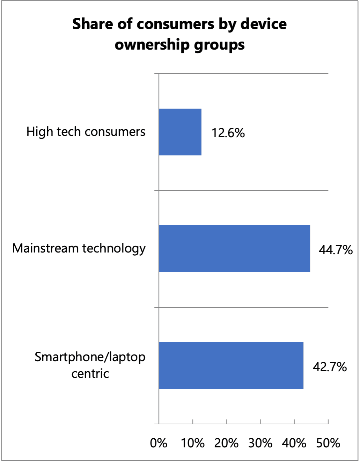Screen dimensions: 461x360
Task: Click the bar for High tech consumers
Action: coord(180,132)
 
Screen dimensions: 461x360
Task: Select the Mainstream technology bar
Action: coord(234,249)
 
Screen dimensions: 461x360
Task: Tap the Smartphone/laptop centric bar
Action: coord(231,365)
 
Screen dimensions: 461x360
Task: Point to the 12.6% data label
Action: coord(228,133)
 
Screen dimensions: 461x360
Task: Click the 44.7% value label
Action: coord(336,250)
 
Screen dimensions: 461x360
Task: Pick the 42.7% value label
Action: coord(330,367)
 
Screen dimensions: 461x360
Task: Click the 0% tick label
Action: coord(159,443)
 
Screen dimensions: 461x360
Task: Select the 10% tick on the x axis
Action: coord(192,443)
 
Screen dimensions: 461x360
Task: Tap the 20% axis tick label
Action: coord(226,443)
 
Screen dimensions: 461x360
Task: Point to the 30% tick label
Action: coord(260,443)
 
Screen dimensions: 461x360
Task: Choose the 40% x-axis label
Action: coord(294,443)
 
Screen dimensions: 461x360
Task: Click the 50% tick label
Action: coord(328,443)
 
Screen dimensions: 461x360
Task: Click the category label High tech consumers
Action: coord(86,132)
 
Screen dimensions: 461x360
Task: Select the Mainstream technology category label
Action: coord(79,248)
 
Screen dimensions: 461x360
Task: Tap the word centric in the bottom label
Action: coord(90,374)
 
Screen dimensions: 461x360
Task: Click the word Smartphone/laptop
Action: coord(90,357)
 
